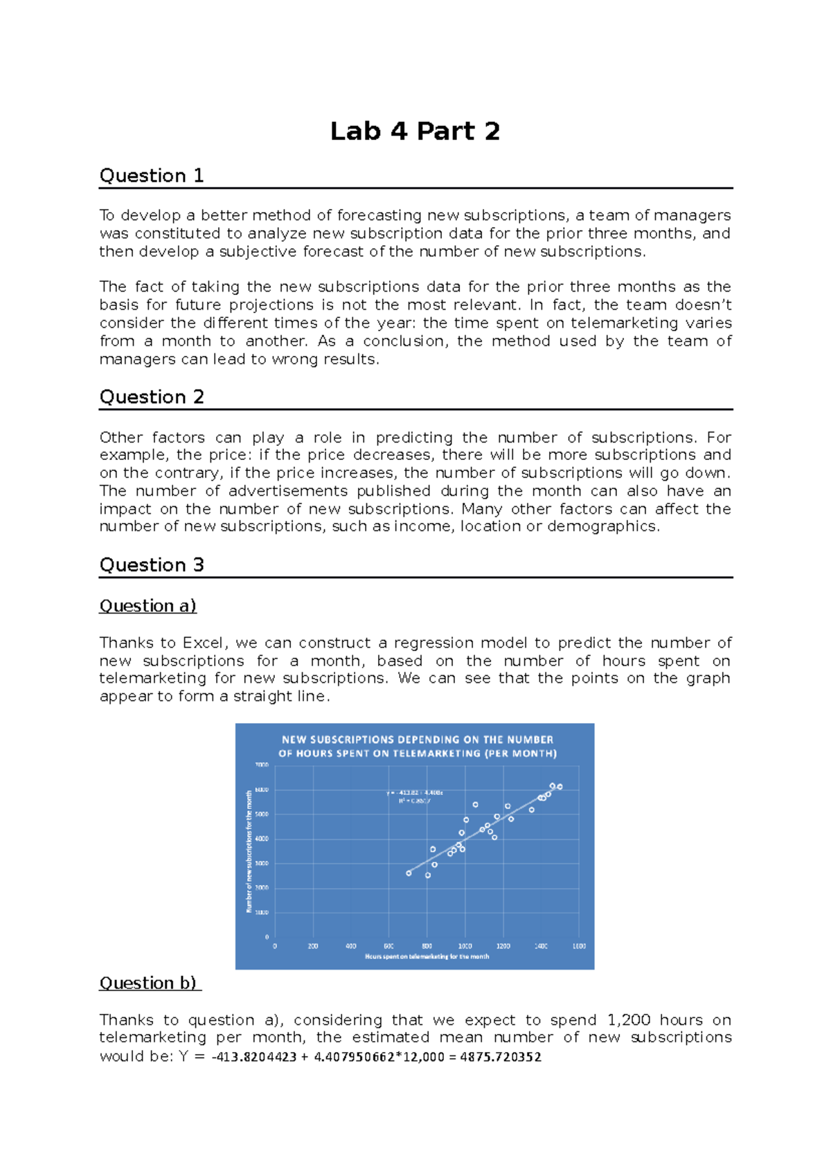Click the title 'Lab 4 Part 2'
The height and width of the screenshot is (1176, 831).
pos(415,131)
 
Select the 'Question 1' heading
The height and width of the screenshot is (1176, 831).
pos(152,176)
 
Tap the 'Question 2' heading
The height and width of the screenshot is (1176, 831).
pos(152,397)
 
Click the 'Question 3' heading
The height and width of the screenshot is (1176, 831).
pos(152,565)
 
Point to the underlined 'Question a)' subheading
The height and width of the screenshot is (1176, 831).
pos(148,606)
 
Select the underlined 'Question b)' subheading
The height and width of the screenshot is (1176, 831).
pos(148,983)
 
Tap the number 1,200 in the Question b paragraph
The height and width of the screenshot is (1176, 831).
pos(628,1020)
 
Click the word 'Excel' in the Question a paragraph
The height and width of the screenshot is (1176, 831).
pos(203,643)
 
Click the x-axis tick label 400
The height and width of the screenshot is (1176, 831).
pos(351,946)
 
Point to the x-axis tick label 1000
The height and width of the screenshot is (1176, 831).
pos(465,946)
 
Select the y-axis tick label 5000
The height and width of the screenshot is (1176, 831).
pos(261,814)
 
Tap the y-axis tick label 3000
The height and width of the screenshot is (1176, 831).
pos(261,864)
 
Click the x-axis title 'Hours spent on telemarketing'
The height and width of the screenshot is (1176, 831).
pos(427,956)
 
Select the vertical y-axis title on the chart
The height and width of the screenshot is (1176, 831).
pos(249,852)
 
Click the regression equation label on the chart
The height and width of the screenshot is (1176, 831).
pos(415,793)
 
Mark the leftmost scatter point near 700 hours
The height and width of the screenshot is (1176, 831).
pos(409,873)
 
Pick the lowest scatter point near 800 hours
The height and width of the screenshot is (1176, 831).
pos(428,875)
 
